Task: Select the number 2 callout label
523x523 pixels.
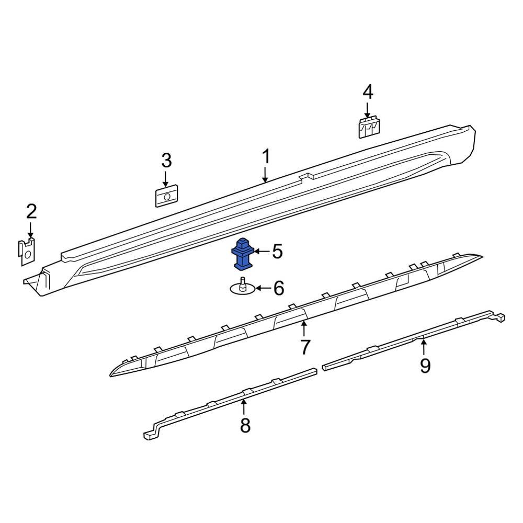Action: coord(31,212)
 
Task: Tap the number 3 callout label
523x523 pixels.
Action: coord(166,161)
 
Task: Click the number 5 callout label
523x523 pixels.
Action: coord(277,252)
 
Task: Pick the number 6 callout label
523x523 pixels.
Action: coord(278,288)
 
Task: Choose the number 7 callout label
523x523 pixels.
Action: coord(305,346)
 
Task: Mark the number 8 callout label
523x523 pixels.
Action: coord(245,426)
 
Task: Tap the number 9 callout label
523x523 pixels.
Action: coord(425,366)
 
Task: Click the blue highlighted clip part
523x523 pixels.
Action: coord(242,254)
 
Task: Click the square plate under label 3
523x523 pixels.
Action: coord(167,197)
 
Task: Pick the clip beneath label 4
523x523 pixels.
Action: coord(369,128)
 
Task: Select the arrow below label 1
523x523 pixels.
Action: coord(266,175)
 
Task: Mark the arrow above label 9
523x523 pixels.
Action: coord(424,347)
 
